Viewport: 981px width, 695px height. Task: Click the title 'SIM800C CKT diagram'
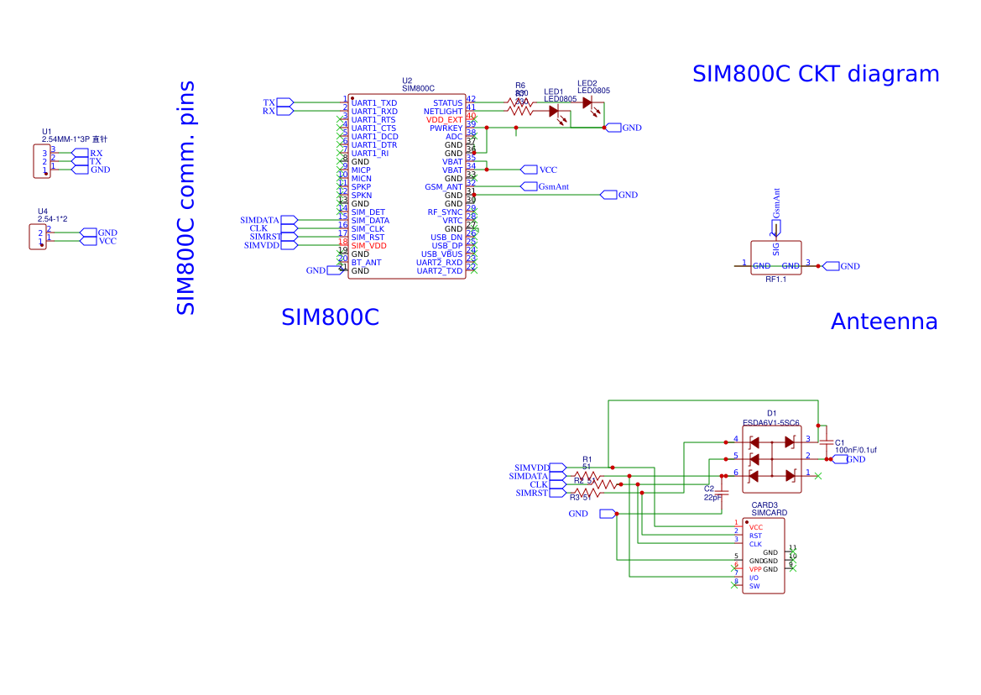tap(815, 74)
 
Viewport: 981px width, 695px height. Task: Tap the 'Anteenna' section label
tap(884, 321)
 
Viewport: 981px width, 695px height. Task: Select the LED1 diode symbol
tap(555, 111)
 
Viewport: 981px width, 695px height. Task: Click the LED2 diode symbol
tap(587, 102)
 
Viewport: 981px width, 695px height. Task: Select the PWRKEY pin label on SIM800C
tap(446, 128)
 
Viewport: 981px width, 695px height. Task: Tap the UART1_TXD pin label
tap(373, 102)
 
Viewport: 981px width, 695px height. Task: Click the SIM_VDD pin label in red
tap(368, 245)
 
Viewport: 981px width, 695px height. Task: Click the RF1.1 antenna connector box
tap(775, 258)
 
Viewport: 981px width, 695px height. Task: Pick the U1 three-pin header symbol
tap(40, 161)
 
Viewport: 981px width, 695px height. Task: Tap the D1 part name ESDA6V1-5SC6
tap(771, 423)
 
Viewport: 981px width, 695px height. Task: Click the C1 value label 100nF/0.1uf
tap(856, 451)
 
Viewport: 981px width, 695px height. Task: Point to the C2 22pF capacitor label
tap(712, 498)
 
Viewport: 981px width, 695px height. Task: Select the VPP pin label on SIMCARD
tap(755, 569)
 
